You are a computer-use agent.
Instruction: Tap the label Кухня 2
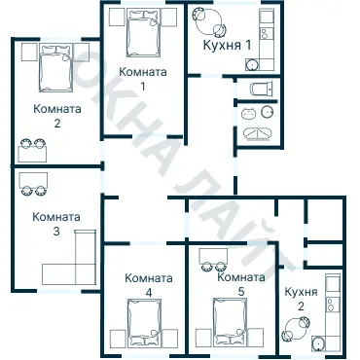[x=301, y=299]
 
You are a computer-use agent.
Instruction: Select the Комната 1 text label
[x=142, y=79]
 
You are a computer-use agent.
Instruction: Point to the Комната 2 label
[x=56, y=116]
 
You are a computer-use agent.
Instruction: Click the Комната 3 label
[x=56, y=224]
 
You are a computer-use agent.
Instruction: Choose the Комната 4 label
[x=149, y=284]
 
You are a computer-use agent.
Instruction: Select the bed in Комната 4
[x=144, y=321]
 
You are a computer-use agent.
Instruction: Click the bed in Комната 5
[x=231, y=322]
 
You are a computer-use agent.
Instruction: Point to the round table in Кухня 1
[x=205, y=18]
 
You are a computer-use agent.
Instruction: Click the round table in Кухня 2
[x=292, y=332]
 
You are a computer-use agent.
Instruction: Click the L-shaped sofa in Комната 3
[x=68, y=261]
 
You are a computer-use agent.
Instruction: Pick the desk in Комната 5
[x=214, y=255]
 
